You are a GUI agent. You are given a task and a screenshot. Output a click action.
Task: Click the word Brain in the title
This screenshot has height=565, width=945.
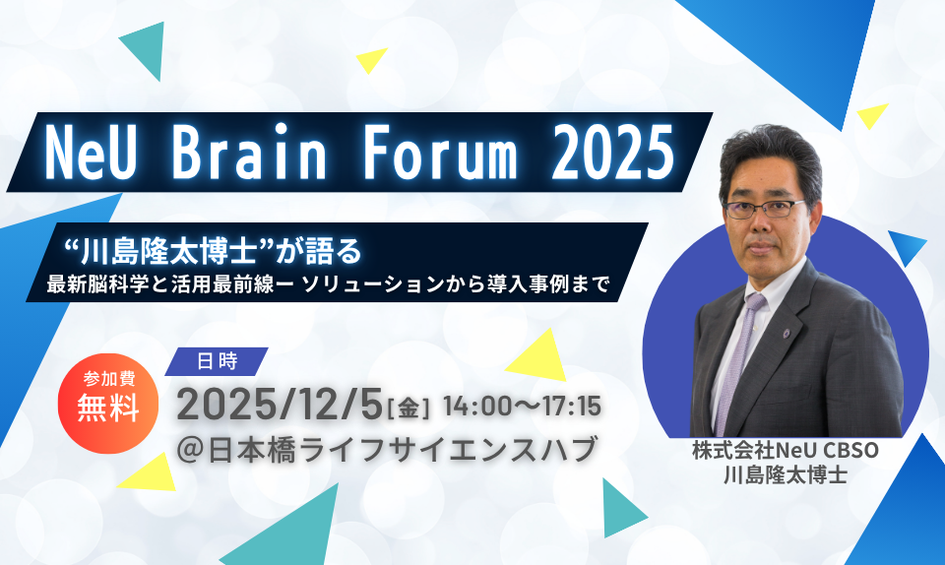tap(249, 153)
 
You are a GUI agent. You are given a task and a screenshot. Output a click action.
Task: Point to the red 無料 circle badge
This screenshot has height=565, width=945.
tap(108, 403)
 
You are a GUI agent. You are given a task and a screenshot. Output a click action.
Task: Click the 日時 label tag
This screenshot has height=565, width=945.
tap(217, 361)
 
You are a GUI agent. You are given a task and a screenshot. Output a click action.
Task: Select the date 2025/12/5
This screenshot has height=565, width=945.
tap(280, 405)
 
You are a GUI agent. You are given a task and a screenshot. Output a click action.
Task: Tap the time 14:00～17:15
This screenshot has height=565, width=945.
tap(522, 407)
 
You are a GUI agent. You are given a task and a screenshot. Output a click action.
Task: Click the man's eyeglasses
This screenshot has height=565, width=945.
tap(764, 209)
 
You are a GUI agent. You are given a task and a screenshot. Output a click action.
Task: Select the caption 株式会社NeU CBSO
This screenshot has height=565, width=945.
tap(786, 451)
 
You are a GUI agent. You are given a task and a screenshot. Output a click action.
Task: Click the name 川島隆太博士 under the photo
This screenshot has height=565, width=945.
tap(786, 474)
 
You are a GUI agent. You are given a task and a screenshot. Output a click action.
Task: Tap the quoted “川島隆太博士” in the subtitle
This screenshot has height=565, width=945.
tap(169, 251)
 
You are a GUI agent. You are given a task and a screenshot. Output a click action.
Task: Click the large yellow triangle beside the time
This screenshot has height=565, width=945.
tap(539, 357)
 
